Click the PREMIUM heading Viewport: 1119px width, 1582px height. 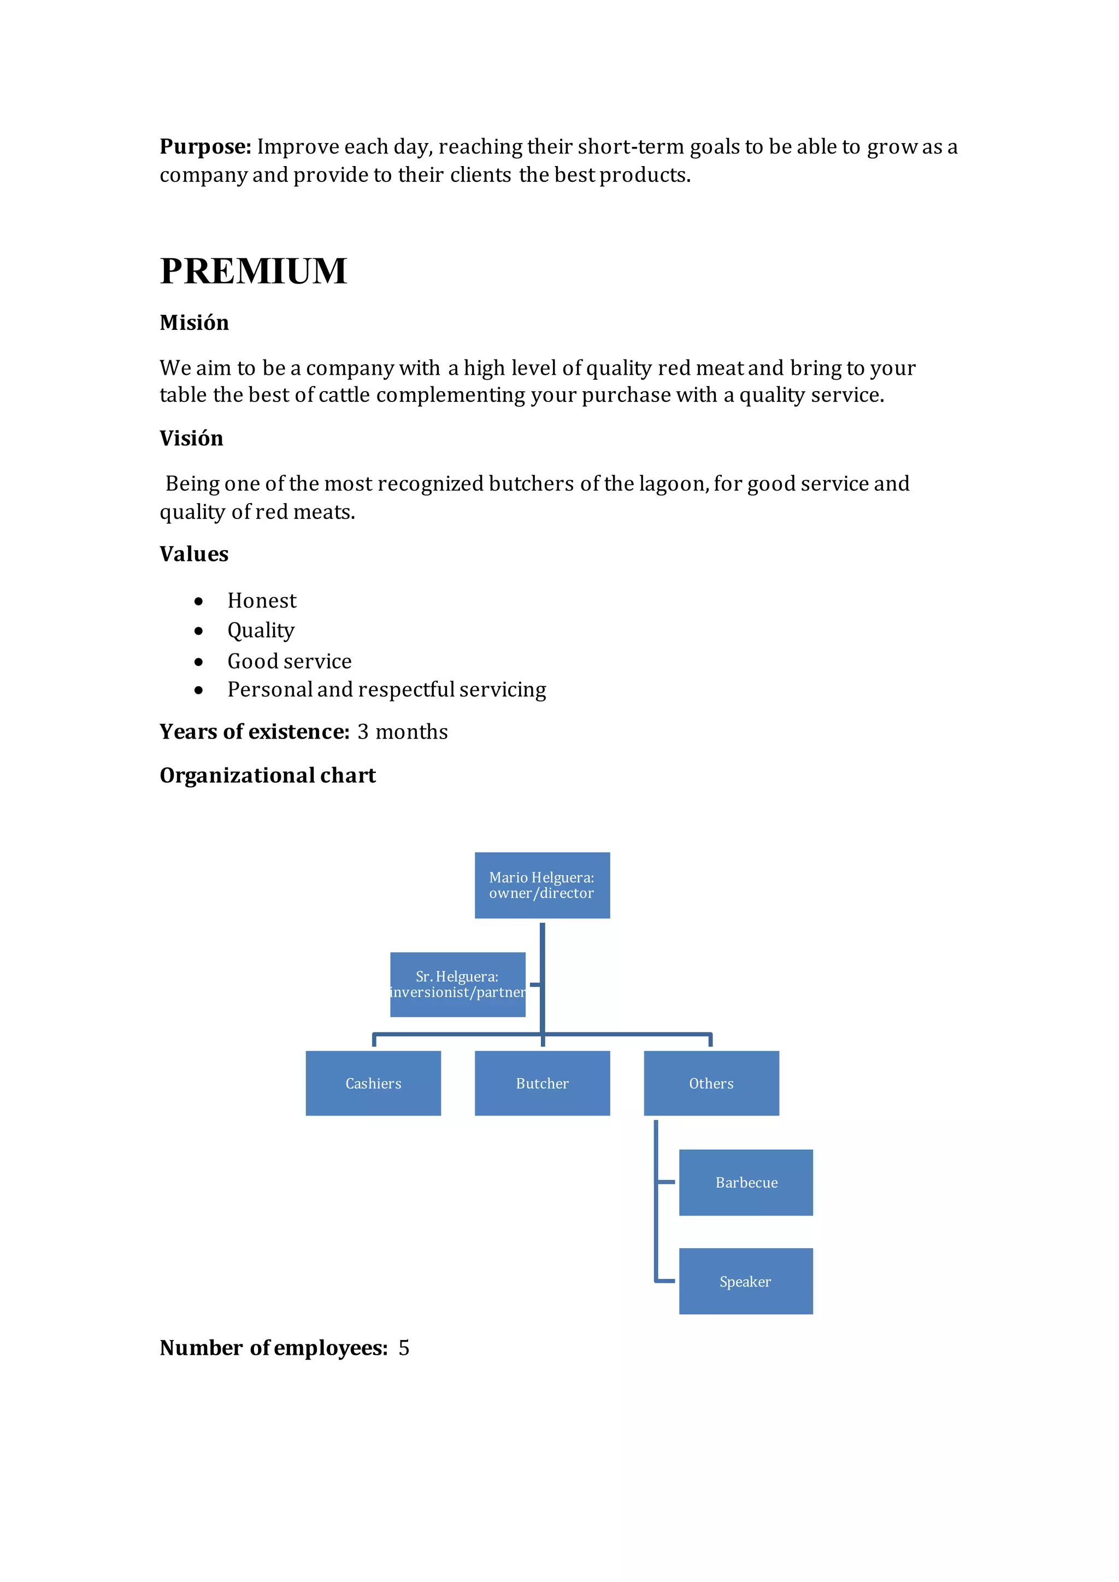(x=253, y=271)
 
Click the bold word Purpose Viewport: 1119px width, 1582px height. (x=205, y=147)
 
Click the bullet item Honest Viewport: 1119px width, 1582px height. (x=262, y=601)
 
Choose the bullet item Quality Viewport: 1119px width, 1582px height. (x=261, y=630)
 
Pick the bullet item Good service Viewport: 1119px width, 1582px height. (x=290, y=662)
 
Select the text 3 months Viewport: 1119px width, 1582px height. (x=402, y=732)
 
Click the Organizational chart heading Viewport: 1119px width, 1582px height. (x=267, y=776)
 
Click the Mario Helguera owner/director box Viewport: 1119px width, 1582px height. (x=542, y=886)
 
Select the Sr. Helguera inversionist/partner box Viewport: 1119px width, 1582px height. (x=457, y=984)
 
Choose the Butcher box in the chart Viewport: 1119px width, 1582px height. (x=542, y=1083)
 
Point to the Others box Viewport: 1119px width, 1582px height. (x=711, y=1083)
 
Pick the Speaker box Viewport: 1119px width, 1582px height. (x=745, y=1282)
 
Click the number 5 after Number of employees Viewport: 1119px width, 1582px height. (x=404, y=1348)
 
